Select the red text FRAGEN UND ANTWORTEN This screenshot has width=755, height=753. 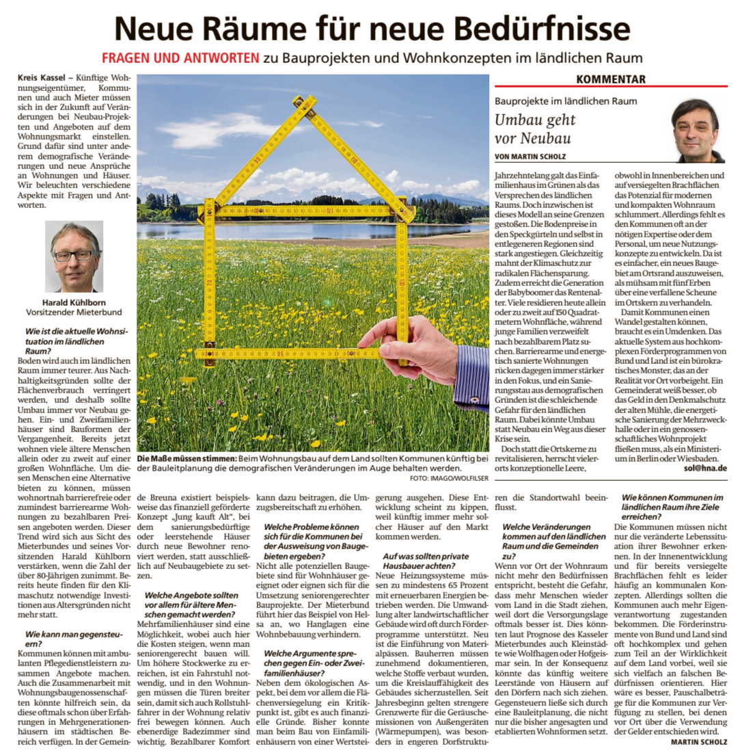point(180,58)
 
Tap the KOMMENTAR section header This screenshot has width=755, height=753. point(610,79)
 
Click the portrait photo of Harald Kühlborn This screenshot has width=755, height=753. point(74,256)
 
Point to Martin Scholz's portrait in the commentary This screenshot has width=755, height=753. point(697,130)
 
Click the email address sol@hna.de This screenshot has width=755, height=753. point(705,468)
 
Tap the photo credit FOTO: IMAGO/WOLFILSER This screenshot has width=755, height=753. point(449,478)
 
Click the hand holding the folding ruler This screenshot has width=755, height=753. point(410,345)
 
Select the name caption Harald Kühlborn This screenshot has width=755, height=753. point(74,302)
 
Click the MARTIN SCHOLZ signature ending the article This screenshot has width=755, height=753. point(698,741)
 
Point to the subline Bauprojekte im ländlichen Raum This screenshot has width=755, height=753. point(566,101)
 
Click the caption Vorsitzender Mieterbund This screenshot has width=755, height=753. point(74,312)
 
